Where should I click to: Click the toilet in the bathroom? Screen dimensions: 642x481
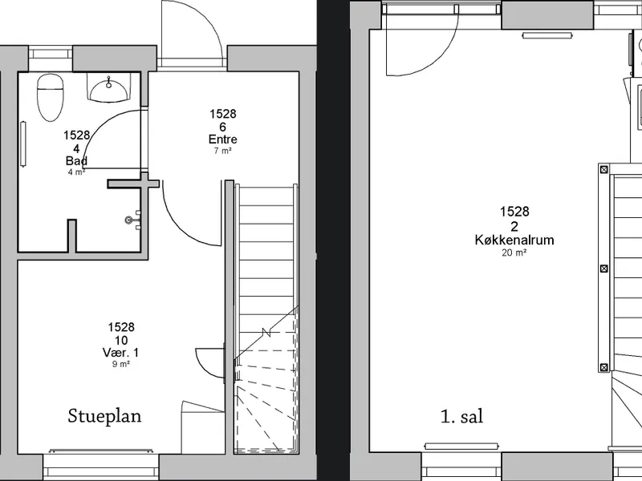tap(51, 97)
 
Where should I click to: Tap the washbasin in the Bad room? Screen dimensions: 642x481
tap(108, 88)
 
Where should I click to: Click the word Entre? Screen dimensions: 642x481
tap(223, 139)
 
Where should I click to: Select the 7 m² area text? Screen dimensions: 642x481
tap(223, 151)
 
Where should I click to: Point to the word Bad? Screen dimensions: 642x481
tap(76, 161)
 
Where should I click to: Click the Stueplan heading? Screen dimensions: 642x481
tap(104, 416)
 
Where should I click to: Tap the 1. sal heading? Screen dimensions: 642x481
tap(462, 416)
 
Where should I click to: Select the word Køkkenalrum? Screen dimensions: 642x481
tap(514, 240)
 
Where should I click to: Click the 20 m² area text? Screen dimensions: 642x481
tap(514, 253)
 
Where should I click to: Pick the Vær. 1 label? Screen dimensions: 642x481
tap(121, 353)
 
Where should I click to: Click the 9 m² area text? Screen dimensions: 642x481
tap(121, 364)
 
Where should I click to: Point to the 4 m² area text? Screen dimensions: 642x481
tap(76, 172)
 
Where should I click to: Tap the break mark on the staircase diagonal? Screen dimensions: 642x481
tap(267, 333)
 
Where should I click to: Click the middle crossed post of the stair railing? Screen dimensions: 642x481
tap(604, 269)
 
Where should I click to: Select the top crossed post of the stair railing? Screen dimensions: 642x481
tap(604, 169)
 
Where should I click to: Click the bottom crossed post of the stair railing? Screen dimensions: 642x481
tap(604, 367)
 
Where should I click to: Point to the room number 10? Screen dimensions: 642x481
tap(121, 340)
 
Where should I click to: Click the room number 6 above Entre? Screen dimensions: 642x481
tap(223, 127)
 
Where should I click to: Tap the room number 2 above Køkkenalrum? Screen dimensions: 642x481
tap(514, 227)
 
